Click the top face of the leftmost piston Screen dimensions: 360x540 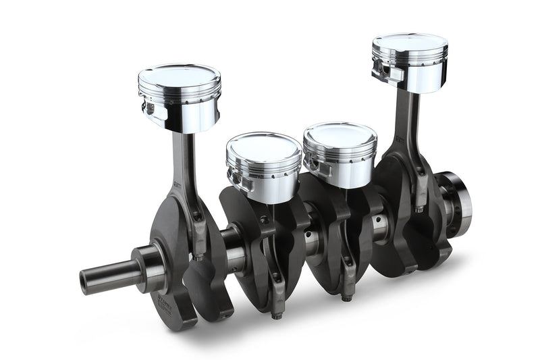[180, 75]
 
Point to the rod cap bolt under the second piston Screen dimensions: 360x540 [275, 313]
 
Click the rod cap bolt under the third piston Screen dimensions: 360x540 [347, 295]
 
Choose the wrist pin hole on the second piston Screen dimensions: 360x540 [233, 177]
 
